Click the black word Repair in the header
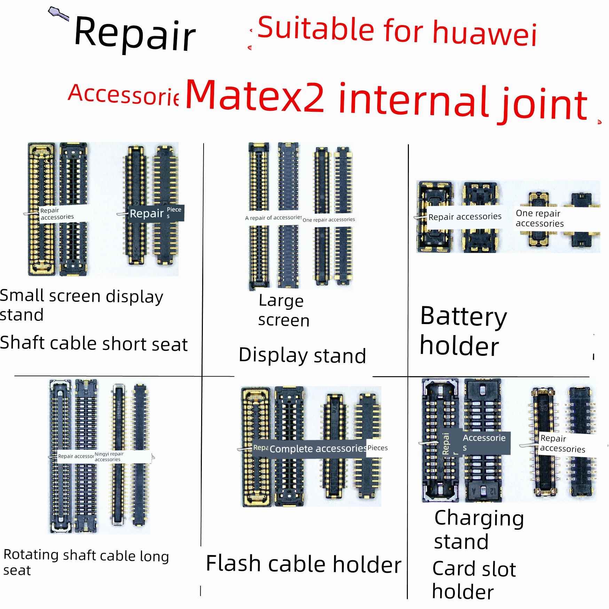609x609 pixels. (x=135, y=34)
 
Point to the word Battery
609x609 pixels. (x=463, y=317)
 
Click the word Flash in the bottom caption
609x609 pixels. (x=233, y=564)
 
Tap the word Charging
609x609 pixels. (x=479, y=519)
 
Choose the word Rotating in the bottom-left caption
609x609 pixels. (x=31, y=555)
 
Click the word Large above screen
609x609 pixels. (x=281, y=301)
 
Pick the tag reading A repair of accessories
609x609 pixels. (x=273, y=218)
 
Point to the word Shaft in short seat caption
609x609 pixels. (x=22, y=343)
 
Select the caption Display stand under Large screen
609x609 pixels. (x=302, y=355)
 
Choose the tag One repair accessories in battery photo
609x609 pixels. (x=539, y=218)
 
